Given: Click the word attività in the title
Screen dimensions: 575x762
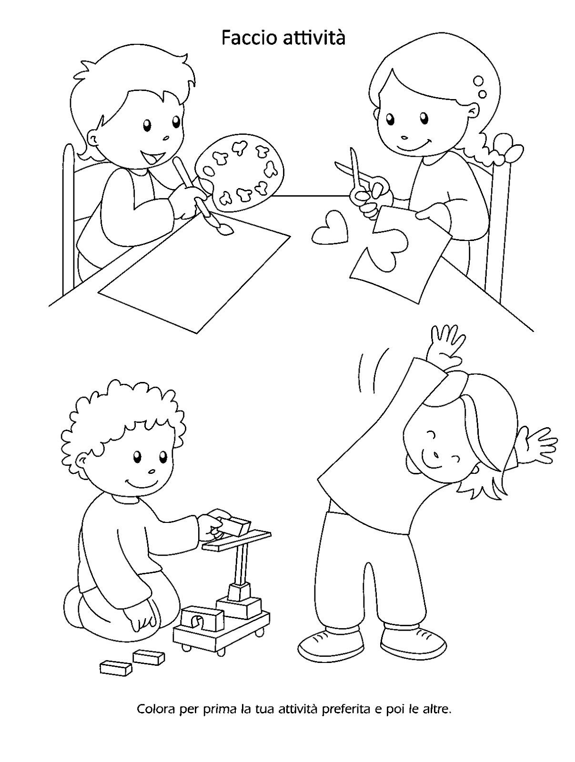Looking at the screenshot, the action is coord(314,38).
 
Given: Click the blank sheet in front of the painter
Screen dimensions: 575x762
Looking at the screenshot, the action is coord(194,274).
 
